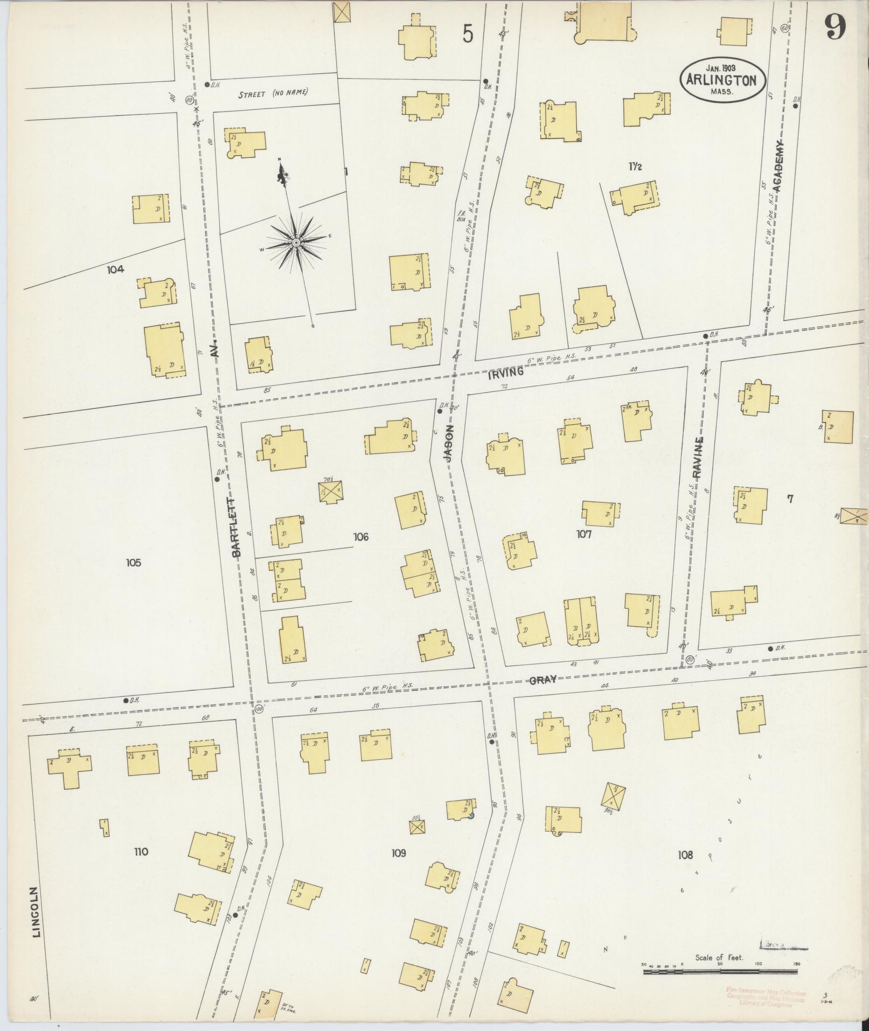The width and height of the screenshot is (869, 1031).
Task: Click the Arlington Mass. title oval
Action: click(721, 79)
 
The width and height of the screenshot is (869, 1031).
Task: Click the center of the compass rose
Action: click(296, 244)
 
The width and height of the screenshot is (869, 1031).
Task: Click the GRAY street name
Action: click(542, 681)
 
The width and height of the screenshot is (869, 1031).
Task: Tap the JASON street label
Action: click(448, 443)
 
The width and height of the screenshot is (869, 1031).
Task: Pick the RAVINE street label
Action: click(698, 458)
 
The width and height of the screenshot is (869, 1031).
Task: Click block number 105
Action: click(133, 563)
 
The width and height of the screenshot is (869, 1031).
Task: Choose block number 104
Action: click(115, 269)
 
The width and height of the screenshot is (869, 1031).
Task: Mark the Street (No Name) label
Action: click(273, 94)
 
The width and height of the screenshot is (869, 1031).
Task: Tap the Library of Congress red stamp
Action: click(766, 998)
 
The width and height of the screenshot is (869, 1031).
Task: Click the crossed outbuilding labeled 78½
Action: click(330, 492)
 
